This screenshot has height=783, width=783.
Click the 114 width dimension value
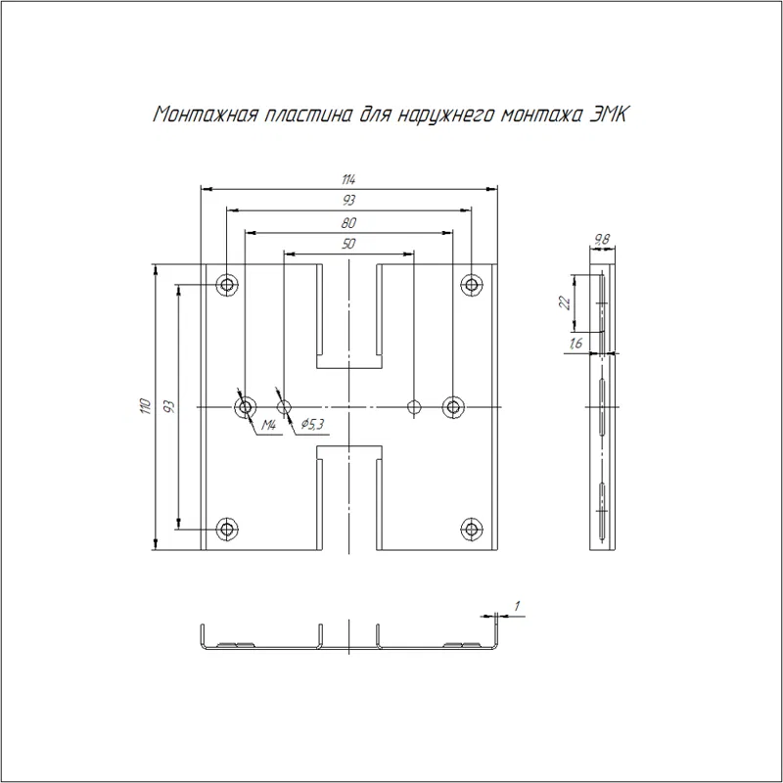coord(348,179)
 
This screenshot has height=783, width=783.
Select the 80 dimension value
coord(348,223)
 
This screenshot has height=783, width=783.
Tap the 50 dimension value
coord(348,244)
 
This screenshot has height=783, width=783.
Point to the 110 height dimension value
coord(145,406)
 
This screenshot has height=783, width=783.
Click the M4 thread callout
coord(268,425)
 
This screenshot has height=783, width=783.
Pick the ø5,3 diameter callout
coord(312,425)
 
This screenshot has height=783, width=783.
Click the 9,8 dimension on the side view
coord(602,239)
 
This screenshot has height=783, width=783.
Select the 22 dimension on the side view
coord(565,302)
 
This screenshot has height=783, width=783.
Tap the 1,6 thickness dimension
coord(576,344)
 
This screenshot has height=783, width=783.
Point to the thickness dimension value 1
coord(517,606)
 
